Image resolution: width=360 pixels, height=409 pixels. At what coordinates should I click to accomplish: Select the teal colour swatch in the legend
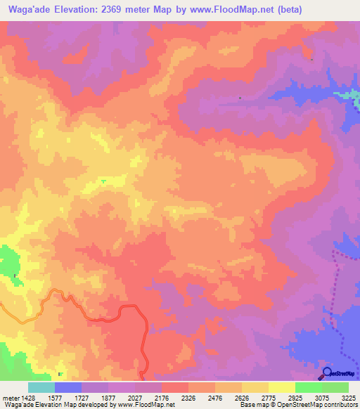41,387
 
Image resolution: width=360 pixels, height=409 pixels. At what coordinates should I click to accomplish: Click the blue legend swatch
68,387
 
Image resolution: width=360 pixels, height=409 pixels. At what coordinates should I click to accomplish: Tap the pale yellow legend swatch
282,387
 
